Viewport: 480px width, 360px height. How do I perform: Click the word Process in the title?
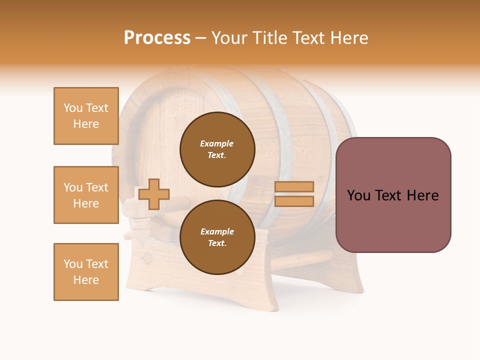(157, 38)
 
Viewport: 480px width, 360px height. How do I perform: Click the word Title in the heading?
(271, 38)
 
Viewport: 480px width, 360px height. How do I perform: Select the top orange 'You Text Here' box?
(86, 116)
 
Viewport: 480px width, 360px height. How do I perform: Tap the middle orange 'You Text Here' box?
(86, 195)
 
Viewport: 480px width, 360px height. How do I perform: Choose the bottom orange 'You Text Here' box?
(86, 272)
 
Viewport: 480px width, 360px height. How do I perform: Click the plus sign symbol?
(154, 194)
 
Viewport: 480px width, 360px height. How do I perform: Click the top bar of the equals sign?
(294, 186)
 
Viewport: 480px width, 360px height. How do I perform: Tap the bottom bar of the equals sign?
(294, 201)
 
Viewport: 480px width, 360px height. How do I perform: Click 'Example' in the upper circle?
(217, 143)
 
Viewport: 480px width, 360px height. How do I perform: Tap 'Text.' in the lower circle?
(217, 243)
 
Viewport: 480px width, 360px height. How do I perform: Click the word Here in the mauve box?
(422, 195)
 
